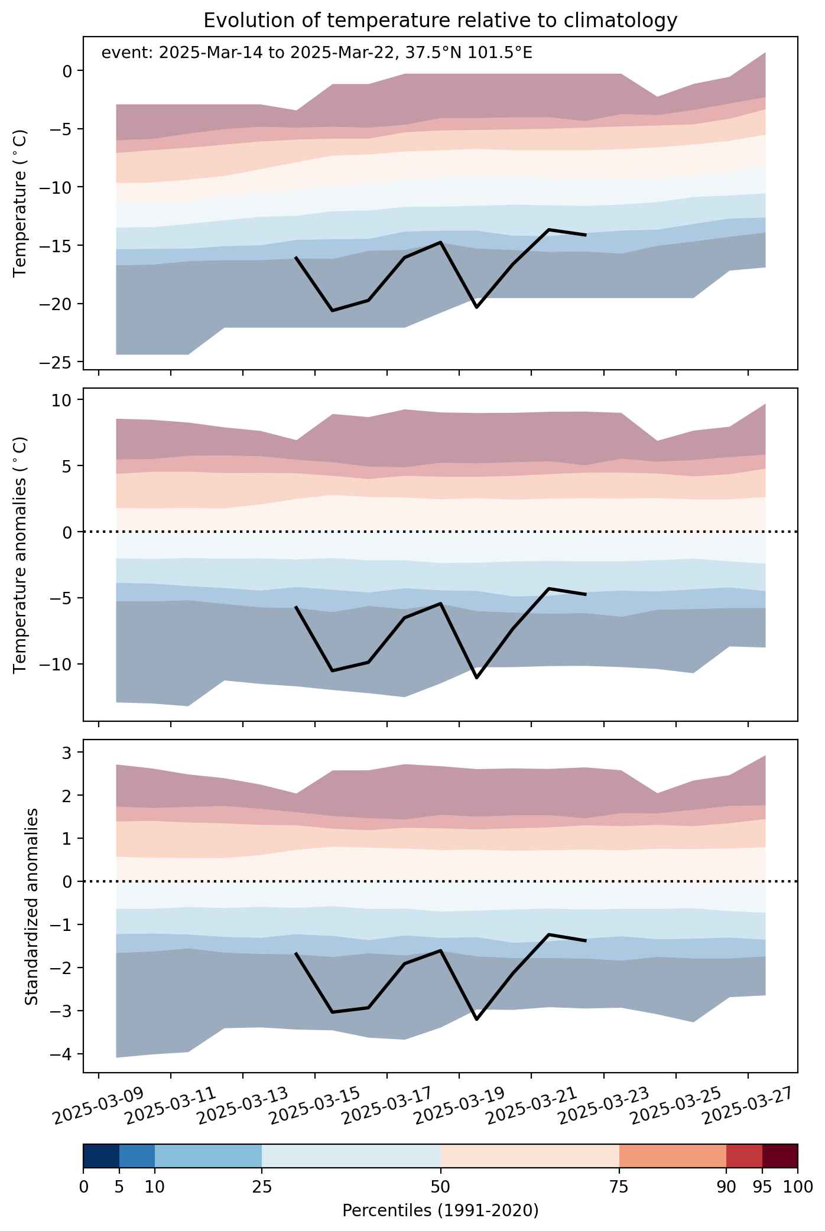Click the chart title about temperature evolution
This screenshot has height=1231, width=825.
pos(440,21)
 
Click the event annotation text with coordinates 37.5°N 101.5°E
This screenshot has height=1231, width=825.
pos(317,53)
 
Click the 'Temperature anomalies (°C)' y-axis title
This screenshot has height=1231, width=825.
pos(20,554)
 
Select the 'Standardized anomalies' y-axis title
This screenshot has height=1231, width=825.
pos(32,906)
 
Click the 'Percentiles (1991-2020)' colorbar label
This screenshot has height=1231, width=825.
pos(440,1210)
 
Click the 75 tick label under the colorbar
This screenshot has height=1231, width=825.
pos(619,1187)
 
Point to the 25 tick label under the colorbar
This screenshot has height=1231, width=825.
pos(262,1187)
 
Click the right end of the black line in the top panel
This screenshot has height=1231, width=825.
pos(586,235)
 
